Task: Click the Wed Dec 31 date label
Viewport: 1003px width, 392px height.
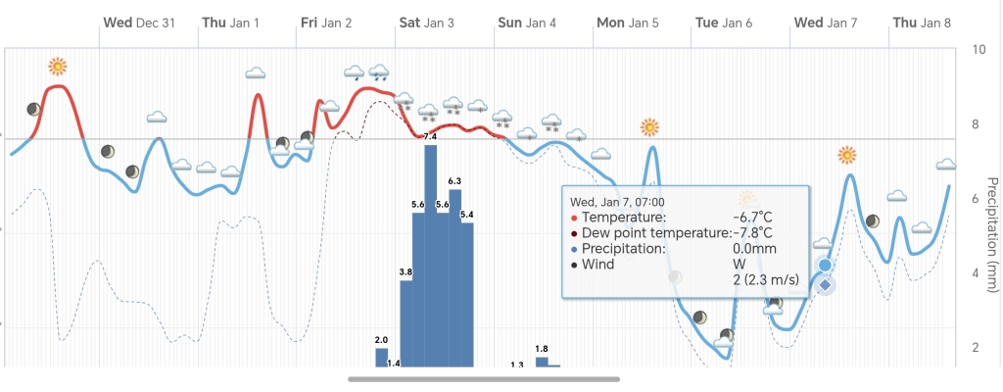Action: (x=139, y=22)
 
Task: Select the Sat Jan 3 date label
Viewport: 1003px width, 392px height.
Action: (x=426, y=22)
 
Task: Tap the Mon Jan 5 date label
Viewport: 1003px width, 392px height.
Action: (x=628, y=22)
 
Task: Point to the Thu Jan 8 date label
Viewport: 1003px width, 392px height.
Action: (x=921, y=22)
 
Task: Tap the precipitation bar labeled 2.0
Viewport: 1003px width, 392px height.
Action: (x=382, y=357)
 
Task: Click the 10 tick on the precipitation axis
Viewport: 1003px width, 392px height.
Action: (x=979, y=50)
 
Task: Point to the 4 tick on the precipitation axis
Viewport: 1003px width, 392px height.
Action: (x=979, y=272)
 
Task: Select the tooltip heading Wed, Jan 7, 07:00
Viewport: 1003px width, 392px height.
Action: (x=617, y=201)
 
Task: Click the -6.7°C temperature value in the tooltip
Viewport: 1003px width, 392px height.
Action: (x=752, y=217)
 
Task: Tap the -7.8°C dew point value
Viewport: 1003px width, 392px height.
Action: (x=752, y=232)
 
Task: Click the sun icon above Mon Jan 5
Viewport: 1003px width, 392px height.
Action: (x=649, y=127)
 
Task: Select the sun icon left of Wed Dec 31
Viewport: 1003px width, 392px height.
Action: (x=58, y=67)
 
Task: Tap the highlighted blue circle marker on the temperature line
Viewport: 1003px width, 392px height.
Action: (x=825, y=266)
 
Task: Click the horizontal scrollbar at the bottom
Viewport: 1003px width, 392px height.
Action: (x=484, y=378)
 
